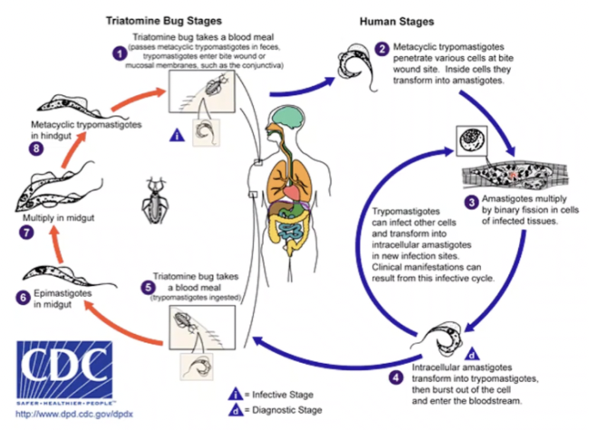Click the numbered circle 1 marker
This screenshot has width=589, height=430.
tap(118, 53)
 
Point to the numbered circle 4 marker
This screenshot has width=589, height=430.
tap(393, 374)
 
